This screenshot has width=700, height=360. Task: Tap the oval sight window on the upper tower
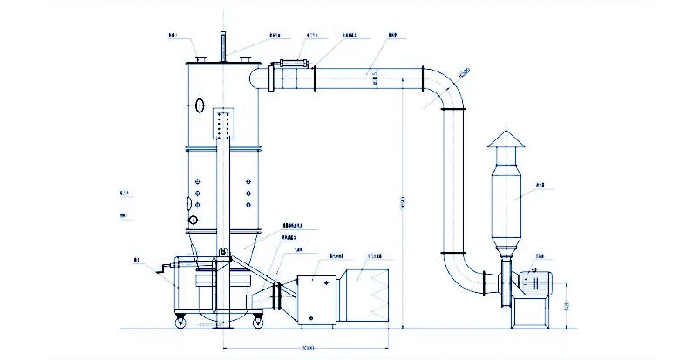click(x=200, y=106)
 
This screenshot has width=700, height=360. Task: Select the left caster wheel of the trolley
click(x=181, y=322)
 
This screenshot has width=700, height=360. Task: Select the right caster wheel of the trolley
click(x=259, y=322)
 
